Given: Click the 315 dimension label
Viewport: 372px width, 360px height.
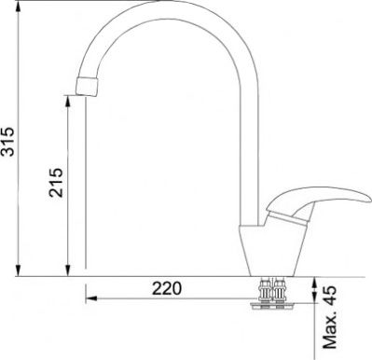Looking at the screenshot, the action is tap(7, 142).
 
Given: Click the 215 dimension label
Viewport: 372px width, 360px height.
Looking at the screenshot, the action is tap(56, 183).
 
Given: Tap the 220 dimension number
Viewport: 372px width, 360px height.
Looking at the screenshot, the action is tap(167, 288).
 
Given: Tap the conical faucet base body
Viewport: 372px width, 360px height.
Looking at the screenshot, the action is tap(272, 250).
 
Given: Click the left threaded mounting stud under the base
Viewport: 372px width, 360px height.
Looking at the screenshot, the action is tap(265, 291).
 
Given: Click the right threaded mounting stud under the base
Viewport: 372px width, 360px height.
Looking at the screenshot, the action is tap(280, 291).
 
